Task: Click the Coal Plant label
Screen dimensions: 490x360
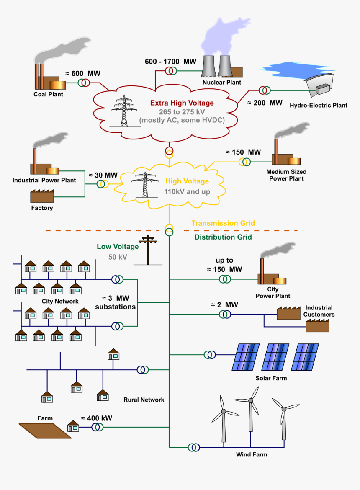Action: tap(48, 94)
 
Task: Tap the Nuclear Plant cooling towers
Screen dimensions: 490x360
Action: tap(216, 67)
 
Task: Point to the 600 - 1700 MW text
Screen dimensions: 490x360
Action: tap(170, 62)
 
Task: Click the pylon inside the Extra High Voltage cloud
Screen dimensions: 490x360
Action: tap(124, 111)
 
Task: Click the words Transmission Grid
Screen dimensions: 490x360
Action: tap(223, 223)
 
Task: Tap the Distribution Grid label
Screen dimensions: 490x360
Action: tap(223, 237)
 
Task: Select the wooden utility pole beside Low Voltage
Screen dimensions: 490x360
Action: tap(148, 250)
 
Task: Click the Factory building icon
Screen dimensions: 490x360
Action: tap(42, 196)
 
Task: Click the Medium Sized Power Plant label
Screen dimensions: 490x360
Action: tap(286, 175)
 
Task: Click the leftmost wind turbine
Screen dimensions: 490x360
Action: tap(224, 419)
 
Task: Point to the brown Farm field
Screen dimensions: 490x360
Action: tap(45, 431)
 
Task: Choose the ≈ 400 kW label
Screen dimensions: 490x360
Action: tap(96, 418)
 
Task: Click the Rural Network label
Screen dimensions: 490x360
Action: tap(144, 400)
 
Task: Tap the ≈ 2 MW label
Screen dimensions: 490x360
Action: tap(224, 304)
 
